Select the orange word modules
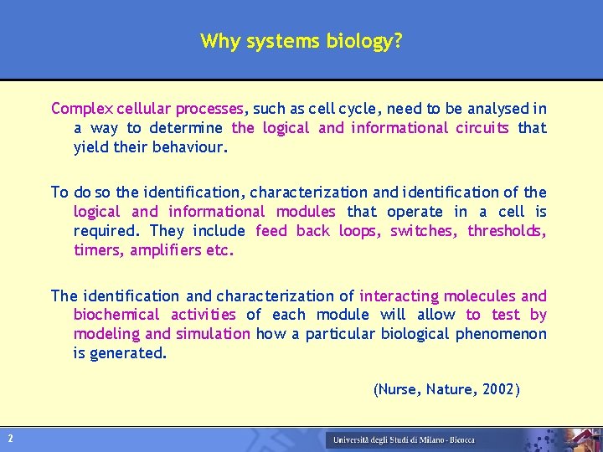(x=306, y=212)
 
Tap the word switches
(x=425, y=231)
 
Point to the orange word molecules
(x=480, y=295)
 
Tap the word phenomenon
(x=501, y=334)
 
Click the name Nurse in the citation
(x=399, y=389)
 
